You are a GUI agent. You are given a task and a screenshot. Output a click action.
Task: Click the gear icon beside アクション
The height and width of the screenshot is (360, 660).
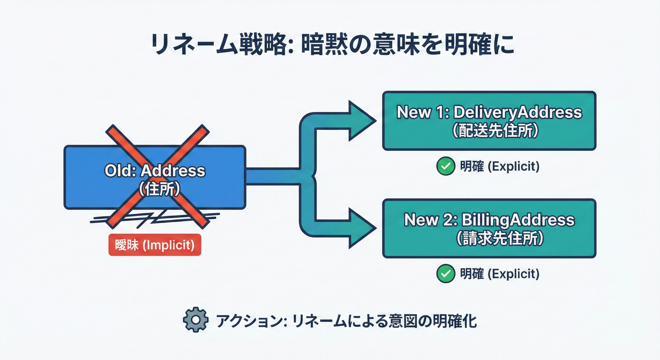(195, 320)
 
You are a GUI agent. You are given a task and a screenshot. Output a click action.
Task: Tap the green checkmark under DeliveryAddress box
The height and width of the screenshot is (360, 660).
(445, 166)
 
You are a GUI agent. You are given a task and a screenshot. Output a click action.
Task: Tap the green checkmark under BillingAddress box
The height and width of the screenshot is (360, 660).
(445, 274)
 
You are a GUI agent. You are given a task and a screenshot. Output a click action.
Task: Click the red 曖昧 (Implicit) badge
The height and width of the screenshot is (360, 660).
(155, 245)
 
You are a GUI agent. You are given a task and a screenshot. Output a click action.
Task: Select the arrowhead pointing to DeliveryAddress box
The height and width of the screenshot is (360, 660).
(362, 120)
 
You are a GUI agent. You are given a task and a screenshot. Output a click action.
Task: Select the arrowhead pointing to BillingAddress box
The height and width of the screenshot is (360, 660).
(362, 228)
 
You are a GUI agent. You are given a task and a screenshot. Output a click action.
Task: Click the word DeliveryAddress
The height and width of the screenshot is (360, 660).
(517, 112)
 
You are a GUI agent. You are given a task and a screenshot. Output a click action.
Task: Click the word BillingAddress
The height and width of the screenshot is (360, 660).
(518, 220)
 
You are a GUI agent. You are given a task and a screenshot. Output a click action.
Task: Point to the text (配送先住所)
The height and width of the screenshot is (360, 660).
(495, 130)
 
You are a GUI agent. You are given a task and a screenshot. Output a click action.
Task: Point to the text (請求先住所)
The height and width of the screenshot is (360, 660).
(500, 238)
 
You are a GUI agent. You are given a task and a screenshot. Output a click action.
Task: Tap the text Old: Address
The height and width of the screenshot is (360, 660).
(155, 171)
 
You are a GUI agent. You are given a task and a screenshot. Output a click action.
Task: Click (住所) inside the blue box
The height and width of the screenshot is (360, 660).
(159, 189)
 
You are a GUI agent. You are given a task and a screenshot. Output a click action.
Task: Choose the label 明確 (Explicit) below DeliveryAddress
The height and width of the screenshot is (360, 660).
(500, 166)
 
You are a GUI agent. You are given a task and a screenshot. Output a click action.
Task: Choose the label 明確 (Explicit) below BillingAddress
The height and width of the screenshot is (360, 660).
(500, 274)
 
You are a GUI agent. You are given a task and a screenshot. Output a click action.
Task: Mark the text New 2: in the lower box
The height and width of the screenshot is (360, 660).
(431, 220)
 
